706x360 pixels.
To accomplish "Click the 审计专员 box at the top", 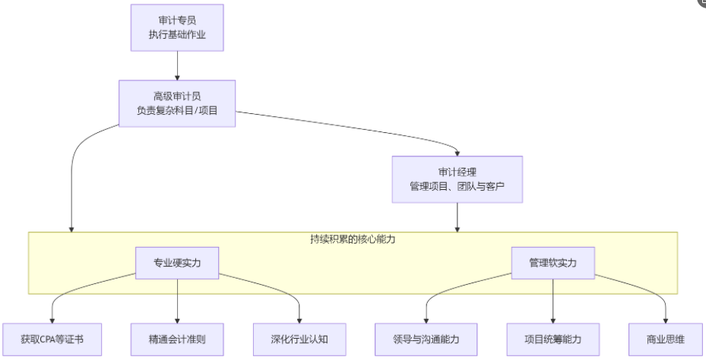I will pos(177,27).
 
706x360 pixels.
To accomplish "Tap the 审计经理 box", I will pos(457,179).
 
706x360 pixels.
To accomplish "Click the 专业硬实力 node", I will pos(177,262).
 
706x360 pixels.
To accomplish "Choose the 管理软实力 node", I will pos(552,262).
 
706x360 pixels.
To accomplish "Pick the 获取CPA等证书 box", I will pos(52,335).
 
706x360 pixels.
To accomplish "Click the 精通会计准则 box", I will pos(177,335).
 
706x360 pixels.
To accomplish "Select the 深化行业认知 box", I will pos(300,335).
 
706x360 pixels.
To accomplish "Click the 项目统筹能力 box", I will pos(552,335).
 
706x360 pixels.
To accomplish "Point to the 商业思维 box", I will pos(666,335).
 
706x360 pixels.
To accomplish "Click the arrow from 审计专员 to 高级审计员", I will pos(177,65).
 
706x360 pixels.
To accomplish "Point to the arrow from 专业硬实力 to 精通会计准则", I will pos(177,299).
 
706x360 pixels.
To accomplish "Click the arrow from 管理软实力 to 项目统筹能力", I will pos(552,299).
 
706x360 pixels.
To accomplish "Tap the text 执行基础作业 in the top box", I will pos(177,35).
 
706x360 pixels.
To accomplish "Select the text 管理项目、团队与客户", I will pos(457,187).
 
